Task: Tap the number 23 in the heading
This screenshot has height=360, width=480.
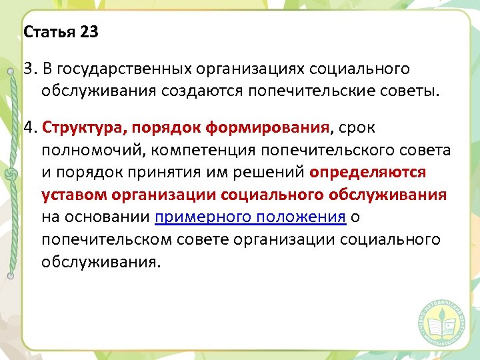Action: pyautogui.click(x=88, y=32)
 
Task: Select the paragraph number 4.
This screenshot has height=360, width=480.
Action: pyautogui.click(x=28, y=127)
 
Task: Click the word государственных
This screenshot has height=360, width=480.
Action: pyautogui.click(x=117, y=69)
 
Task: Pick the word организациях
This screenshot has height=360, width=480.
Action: pyautogui.click(x=256, y=69)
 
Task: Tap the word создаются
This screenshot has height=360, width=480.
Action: pyautogui.click(x=211, y=90)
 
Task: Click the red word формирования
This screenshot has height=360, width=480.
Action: pyautogui.click(x=273, y=127)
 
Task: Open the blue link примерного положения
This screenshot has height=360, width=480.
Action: pyautogui.click(x=250, y=217)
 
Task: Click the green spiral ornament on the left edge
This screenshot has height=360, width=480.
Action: pyautogui.click(x=10, y=175)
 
